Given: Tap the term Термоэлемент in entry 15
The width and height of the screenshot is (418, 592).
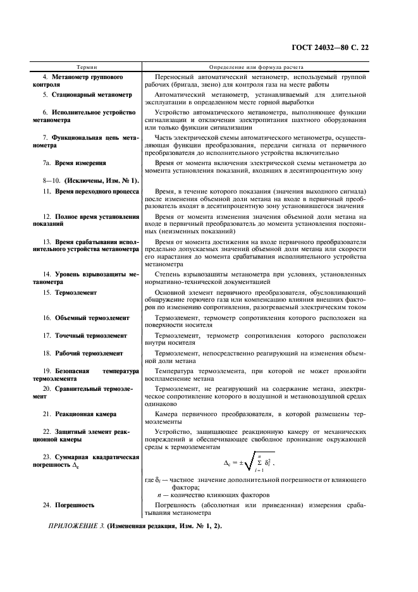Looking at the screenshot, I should coord(75,293).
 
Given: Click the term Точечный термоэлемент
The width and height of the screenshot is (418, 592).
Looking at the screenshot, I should coord(90,335).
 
